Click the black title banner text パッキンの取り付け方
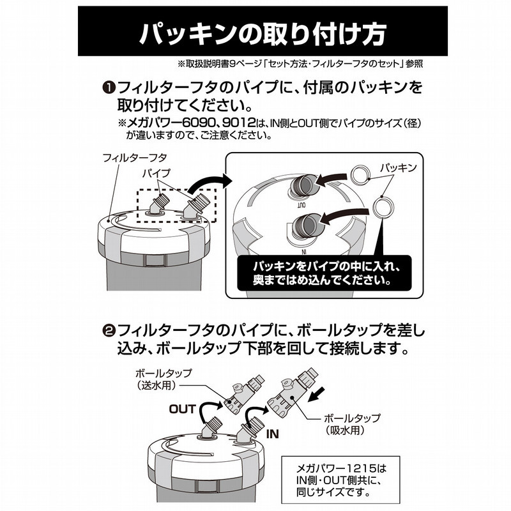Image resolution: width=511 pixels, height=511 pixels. [x=263, y=32]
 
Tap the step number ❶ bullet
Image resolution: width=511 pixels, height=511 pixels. [x=109, y=88]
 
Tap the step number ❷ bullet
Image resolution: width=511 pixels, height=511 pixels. [x=109, y=332]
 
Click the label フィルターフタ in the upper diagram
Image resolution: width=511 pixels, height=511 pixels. [x=135, y=158]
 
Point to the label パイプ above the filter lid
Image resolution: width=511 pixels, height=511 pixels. [x=156, y=173]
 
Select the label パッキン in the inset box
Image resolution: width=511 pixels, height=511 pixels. [x=399, y=167]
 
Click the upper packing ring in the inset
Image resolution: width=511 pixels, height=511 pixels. [x=360, y=173]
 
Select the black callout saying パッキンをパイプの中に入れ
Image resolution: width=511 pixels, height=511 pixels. [x=324, y=273]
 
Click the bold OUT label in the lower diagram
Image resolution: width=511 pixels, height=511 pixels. [x=183, y=409]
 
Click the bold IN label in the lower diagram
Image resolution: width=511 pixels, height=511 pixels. [x=273, y=434]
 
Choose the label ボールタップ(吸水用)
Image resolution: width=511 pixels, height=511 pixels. [x=352, y=424]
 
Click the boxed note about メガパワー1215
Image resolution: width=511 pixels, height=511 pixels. [x=340, y=480]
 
